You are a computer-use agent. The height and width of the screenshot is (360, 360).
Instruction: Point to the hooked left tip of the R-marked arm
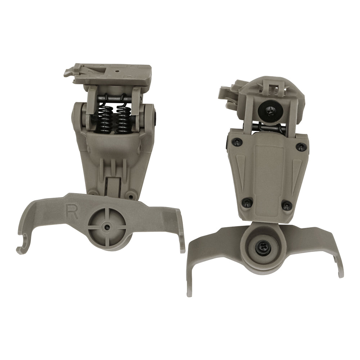[x=22, y=248]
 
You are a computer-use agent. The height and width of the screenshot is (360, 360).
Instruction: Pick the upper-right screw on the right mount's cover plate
[x=301, y=146]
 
